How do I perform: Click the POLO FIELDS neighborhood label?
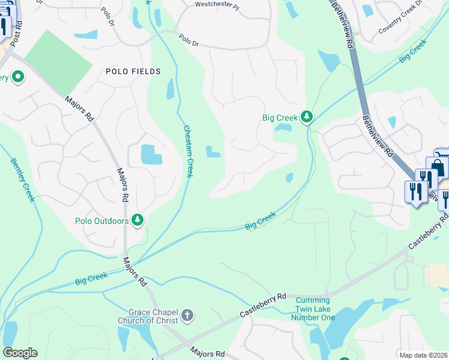tap(133, 71)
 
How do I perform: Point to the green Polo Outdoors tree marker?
tap(138, 220)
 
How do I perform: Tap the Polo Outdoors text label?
tap(102, 221)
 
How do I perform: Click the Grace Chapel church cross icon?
tap(187, 315)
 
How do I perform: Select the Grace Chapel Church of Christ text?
tap(153, 316)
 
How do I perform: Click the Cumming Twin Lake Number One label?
tap(313, 308)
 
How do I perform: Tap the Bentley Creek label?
tap(22, 180)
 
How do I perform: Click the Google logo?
tap(19, 353)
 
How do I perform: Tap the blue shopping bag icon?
tap(436, 166)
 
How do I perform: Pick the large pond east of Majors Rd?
tap(151, 155)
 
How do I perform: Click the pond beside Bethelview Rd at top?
tap(328, 61)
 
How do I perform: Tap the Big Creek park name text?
tap(280, 118)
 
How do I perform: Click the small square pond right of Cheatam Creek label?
tap(212, 152)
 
